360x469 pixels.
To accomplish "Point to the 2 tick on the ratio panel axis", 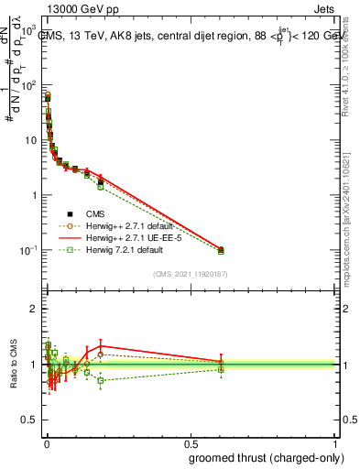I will [x=35, y=309].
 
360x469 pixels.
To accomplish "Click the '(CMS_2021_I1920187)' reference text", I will [x=191, y=274].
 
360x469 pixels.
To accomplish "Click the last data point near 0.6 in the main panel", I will [x=221, y=249].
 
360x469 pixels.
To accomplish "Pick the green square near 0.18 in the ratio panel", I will [x=101, y=380].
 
